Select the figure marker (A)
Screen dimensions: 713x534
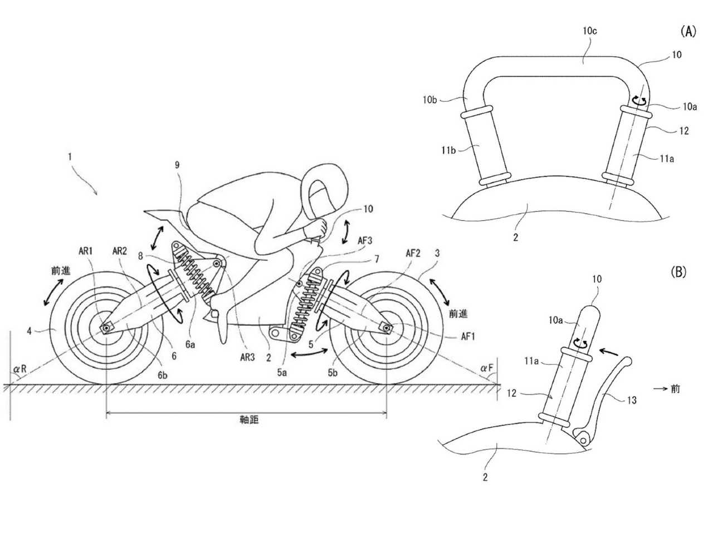click(x=688, y=32)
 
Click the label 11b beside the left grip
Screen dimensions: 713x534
click(x=448, y=150)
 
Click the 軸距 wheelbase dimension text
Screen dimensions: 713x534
click(x=249, y=420)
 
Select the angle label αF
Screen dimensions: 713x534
click(x=487, y=368)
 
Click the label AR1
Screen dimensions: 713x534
click(x=85, y=251)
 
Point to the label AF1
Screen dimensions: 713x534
click(x=468, y=337)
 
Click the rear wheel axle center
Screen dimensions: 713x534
click(x=106, y=328)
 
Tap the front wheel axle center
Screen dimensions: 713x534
click(x=386, y=329)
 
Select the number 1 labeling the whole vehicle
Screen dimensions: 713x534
click(x=70, y=157)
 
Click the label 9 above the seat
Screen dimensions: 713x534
click(x=177, y=165)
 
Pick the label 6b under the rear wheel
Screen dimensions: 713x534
click(x=163, y=375)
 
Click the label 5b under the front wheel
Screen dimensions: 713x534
click(x=333, y=373)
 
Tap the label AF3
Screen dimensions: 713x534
click(x=364, y=240)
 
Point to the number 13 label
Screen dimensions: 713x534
click(x=632, y=400)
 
